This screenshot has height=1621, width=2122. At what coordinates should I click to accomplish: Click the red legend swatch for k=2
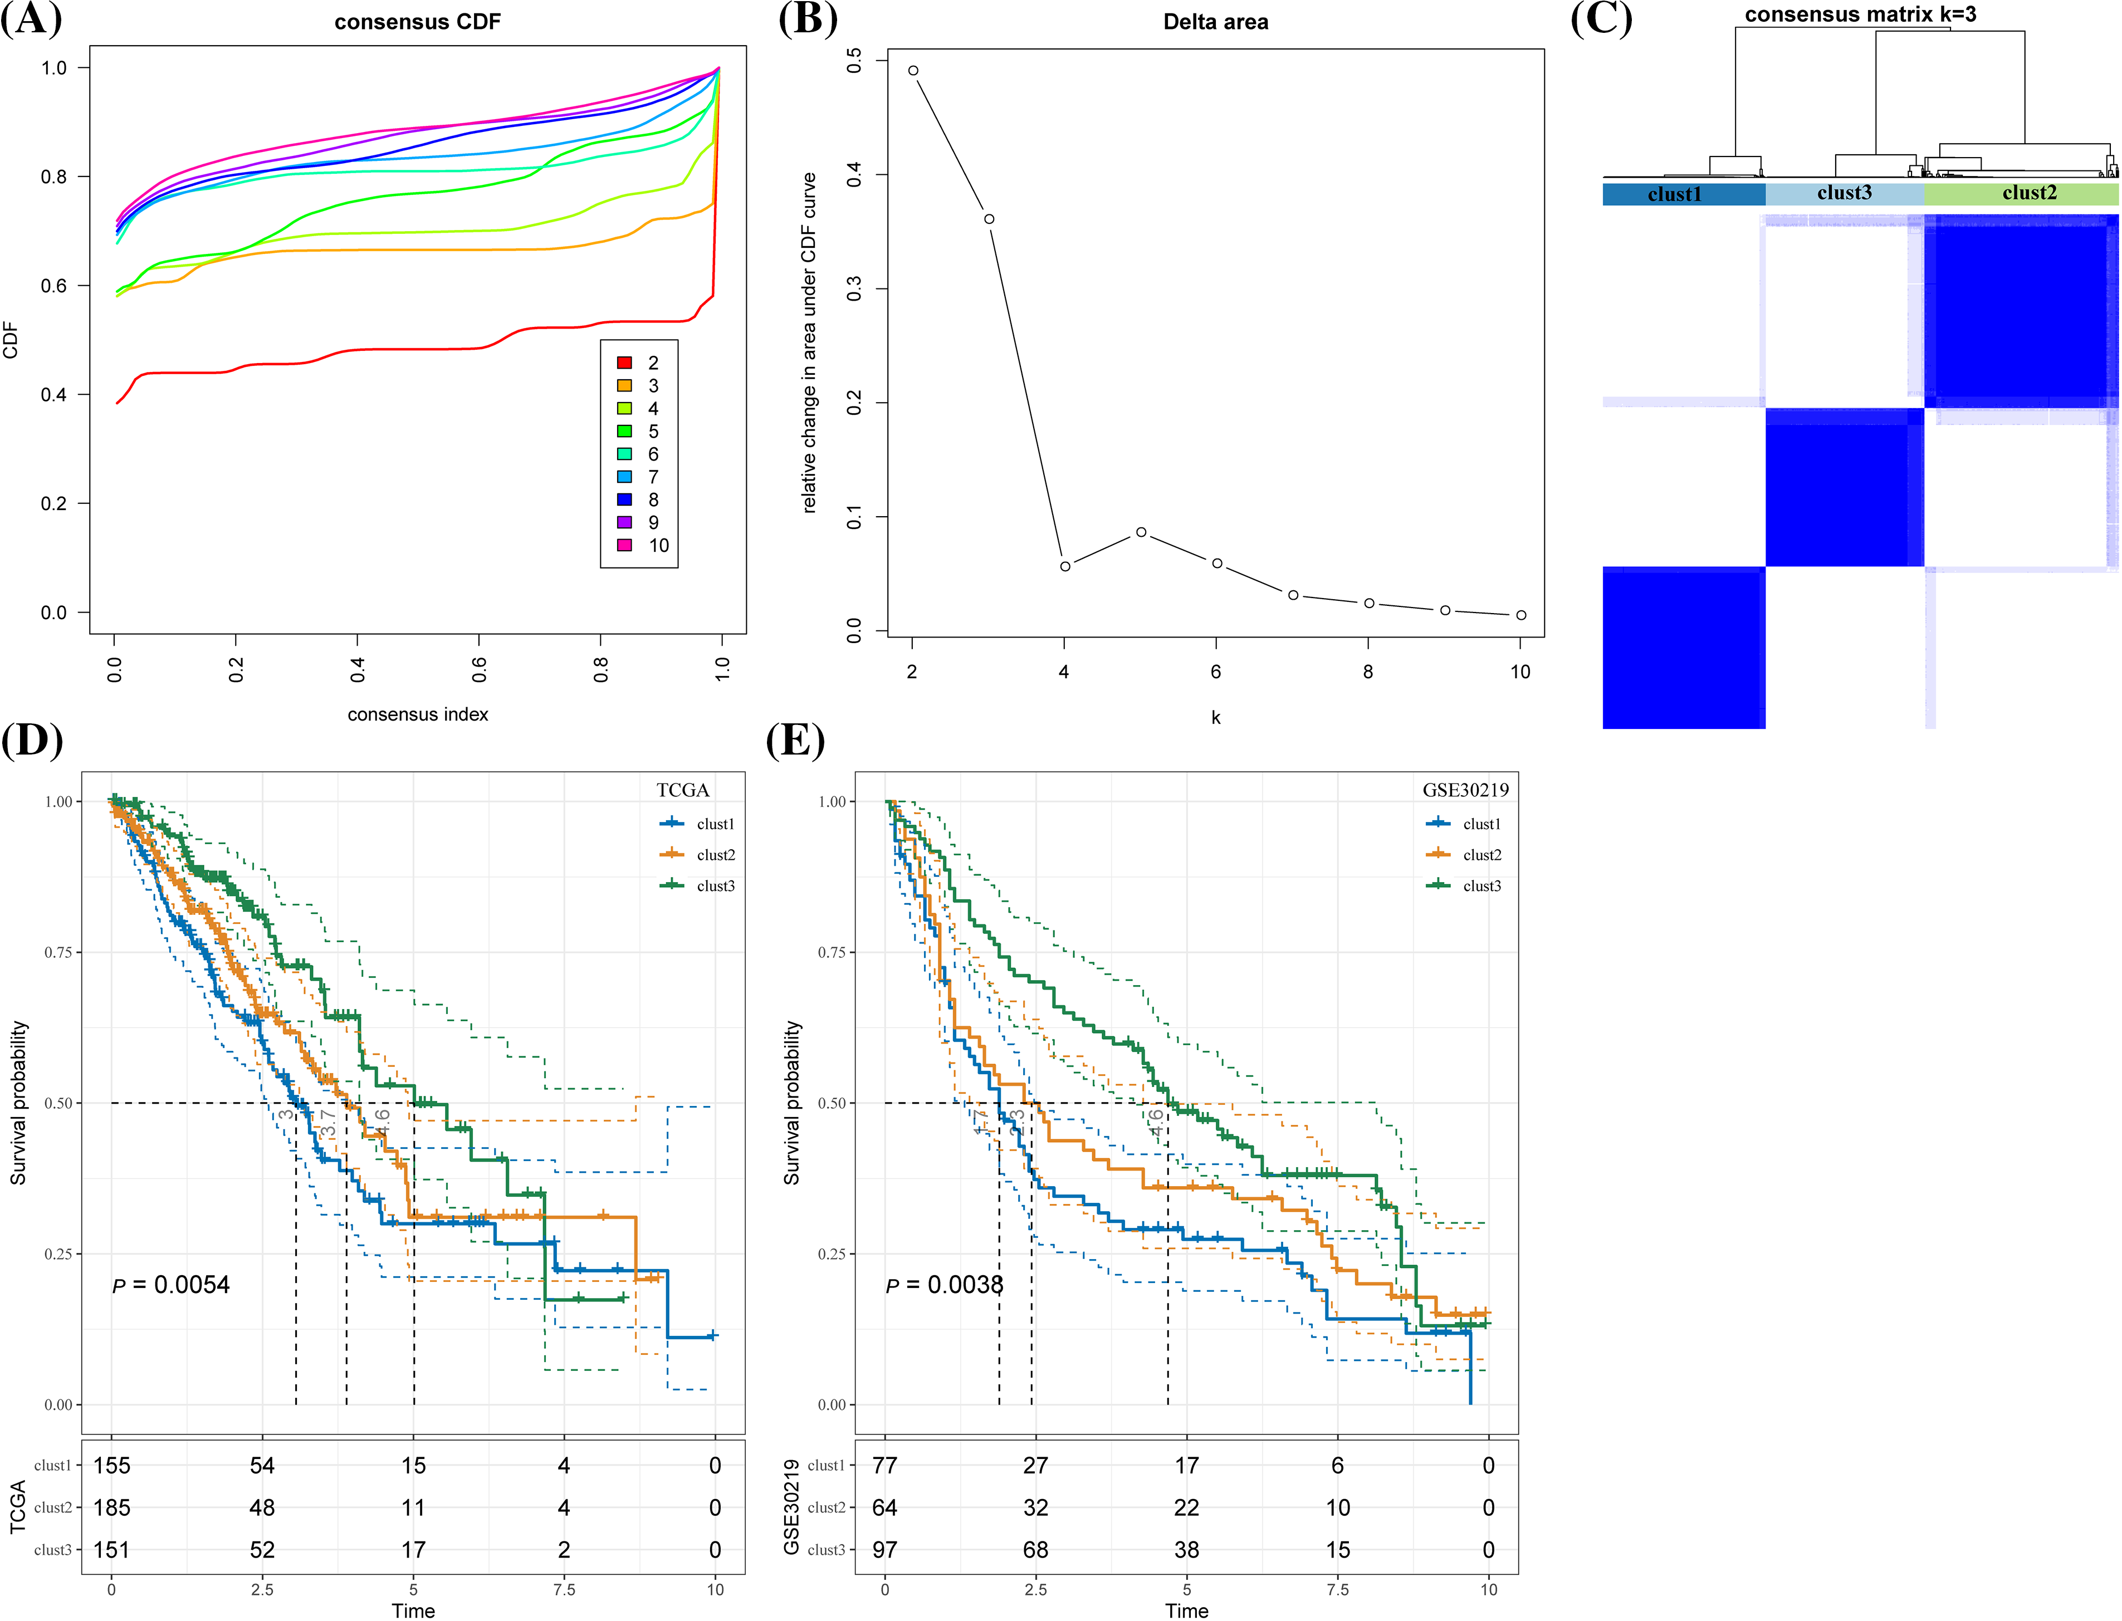click(x=624, y=363)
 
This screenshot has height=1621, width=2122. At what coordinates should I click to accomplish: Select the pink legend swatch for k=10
click(x=624, y=545)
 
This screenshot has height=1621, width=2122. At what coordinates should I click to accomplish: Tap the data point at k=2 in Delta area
click(x=913, y=70)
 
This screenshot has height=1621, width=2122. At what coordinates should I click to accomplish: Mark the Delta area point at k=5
click(x=1141, y=532)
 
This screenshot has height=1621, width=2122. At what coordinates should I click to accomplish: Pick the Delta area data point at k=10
click(x=1521, y=615)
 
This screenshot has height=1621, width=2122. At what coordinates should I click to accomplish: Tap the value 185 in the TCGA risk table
click(x=112, y=1507)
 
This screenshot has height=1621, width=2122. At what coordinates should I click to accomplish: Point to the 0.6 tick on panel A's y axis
click(x=54, y=286)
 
